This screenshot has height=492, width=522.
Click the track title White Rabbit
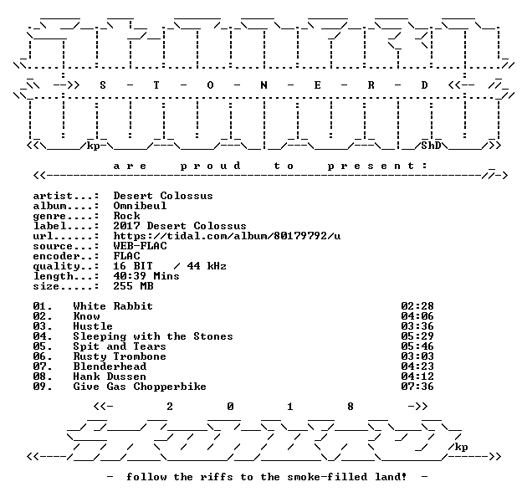(113, 306)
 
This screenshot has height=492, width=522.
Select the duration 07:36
(417, 387)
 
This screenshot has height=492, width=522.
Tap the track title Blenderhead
(110, 366)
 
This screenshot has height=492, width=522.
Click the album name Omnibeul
(140, 206)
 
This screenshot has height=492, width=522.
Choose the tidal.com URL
(227, 236)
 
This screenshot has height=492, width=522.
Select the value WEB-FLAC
(140, 246)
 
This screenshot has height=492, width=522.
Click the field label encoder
(55, 256)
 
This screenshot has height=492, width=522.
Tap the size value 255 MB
(133, 286)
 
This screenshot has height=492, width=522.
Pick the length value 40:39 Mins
(146, 276)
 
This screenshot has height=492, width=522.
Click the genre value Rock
(126, 216)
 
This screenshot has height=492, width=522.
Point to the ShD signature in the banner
(431, 146)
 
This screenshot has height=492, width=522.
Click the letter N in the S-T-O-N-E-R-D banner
(264, 85)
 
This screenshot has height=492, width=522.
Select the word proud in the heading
(211, 166)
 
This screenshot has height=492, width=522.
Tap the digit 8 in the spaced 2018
(351, 407)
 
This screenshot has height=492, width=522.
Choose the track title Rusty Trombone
(120, 356)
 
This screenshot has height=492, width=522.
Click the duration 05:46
(417, 346)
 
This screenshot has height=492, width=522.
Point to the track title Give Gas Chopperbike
(140, 387)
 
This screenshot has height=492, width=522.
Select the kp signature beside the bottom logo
(461, 447)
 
